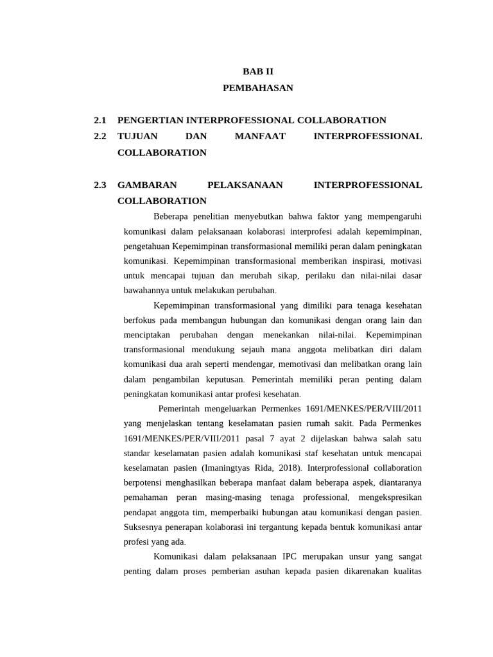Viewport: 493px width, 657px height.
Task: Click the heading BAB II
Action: click(257, 71)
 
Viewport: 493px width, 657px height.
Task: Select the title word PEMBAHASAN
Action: click(257, 88)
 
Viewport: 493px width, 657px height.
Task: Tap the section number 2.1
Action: click(99, 120)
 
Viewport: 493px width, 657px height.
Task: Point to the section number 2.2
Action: click(99, 136)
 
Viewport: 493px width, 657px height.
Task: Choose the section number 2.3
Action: click(99, 185)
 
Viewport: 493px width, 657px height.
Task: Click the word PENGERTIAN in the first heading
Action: click(151, 120)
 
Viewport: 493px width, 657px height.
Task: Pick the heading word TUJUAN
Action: click(136, 136)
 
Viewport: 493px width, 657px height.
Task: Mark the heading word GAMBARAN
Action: click(147, 185)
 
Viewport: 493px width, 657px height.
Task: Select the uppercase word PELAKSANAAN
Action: click(245, 185)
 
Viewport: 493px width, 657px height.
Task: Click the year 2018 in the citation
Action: click(279, 468)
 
